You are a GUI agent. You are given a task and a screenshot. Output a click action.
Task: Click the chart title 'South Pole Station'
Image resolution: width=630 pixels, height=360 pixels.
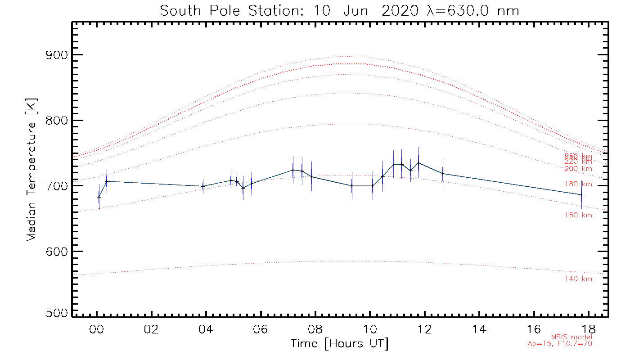pyautogui.click(x=340, y=10)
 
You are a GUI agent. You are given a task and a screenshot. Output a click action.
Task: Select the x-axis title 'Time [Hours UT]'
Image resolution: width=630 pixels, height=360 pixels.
pyautogui.click(x=340, y=344)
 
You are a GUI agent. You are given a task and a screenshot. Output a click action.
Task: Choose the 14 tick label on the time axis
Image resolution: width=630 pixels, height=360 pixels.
pyautogui.click(x=479, y=329)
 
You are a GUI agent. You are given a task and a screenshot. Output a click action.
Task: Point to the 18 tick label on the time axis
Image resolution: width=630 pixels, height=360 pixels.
pyautogui.click(x=589, y=329)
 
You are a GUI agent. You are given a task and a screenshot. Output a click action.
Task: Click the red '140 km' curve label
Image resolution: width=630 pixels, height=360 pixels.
pyautogui.click(x=578, y=279)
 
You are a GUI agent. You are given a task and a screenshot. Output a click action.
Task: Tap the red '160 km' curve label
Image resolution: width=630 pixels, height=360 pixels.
pyautogui.click(x=578, y=215)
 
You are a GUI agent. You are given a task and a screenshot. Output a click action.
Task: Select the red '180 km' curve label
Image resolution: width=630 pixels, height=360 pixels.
pyautogui.click(x=578, y=184)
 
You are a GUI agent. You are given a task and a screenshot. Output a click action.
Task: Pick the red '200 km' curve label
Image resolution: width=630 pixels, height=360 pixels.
pyautogui.click(x=578, y=169)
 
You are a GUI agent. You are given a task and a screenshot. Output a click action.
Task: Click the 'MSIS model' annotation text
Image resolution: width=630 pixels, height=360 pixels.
pyautogui.click(x=571, y=337)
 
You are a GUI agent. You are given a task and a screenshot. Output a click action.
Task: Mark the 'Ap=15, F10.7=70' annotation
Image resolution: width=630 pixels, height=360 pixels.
pyautogui.click(x=560, y=344)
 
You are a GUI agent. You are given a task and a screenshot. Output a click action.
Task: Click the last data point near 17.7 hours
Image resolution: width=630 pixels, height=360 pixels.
pyautogui.click(x=581, y=195)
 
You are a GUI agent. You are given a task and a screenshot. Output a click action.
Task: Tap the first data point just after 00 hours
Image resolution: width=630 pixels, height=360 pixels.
pyautogui.click(x=99, y=197)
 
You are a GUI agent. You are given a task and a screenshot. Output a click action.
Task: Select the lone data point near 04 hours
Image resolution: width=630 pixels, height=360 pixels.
pyautogui.click(x=203, y=186)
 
